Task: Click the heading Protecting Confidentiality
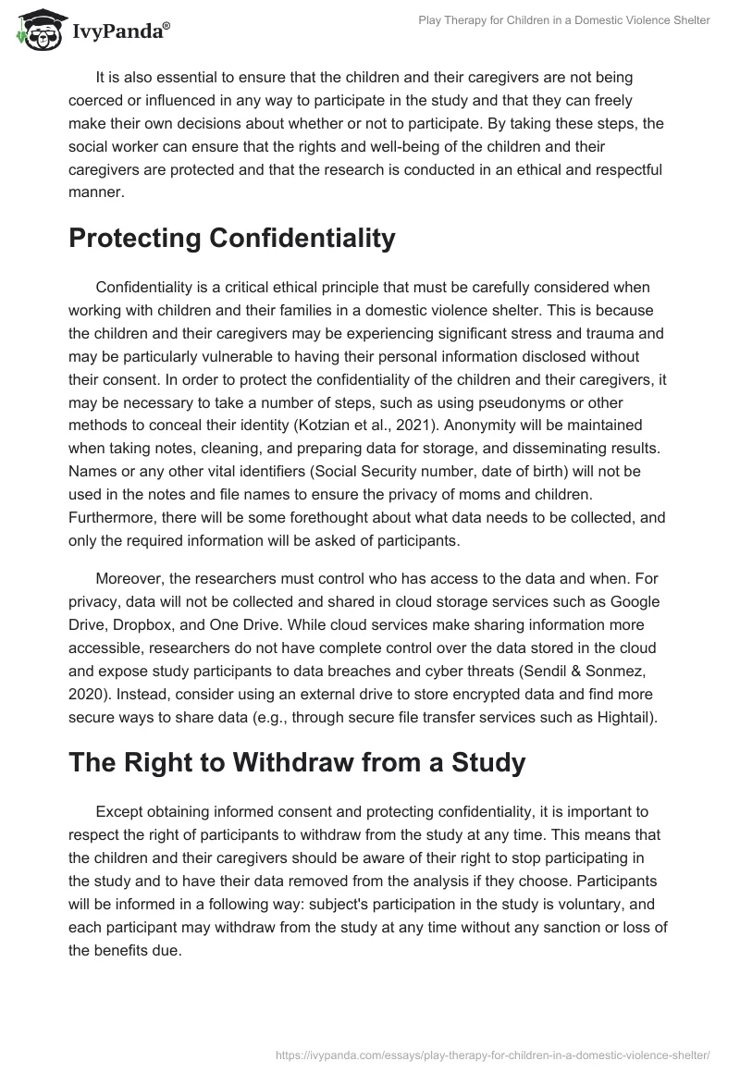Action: (231, 238)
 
